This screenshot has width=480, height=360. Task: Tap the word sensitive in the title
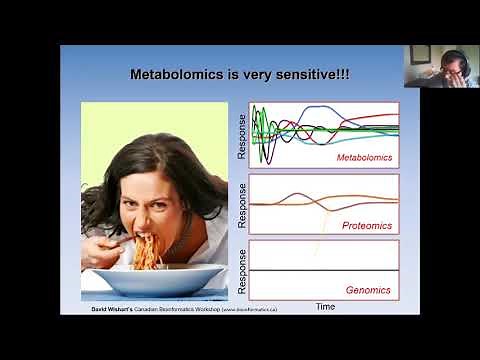(307, 74)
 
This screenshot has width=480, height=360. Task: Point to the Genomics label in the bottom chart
(367, 290)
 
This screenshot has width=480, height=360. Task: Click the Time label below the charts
(325, 306)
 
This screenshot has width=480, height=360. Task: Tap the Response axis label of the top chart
(242, 136)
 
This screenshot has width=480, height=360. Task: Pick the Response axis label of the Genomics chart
(242, 271)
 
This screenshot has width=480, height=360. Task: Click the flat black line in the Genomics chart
(320, 272)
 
